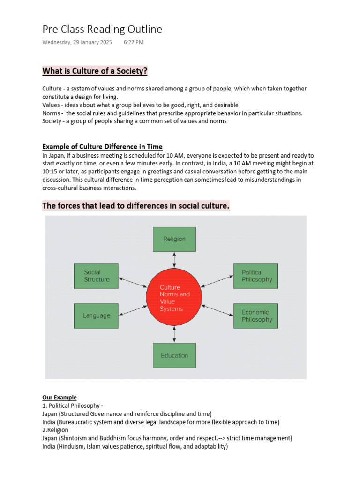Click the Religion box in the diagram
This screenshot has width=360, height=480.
(174, 239)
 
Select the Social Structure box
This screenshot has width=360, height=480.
(97, 276)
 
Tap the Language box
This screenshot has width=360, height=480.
(97, 315)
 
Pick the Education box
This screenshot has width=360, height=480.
(174, 355)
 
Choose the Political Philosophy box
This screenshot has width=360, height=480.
(255, 276)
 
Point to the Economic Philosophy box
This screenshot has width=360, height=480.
(255, 315)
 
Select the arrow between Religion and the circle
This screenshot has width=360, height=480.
(174, 259)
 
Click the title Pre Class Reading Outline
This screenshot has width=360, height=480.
(102, 29)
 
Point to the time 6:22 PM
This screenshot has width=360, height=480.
(134, 42)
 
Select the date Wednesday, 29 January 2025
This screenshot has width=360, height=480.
(77, 42)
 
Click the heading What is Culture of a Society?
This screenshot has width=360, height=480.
(95, 71)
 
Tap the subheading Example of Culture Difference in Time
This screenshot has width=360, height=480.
(102, 146)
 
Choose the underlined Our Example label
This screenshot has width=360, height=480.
(60, 397)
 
